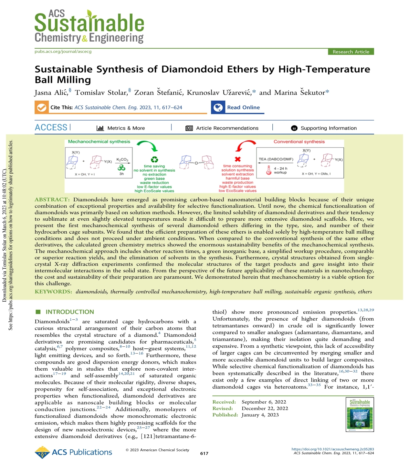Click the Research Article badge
coord(351,52)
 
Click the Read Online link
coord(243,107)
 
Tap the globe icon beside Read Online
coord(218,107)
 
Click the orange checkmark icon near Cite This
coord(42,107)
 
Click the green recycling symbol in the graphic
coord(154,159)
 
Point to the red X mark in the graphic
coord(237,159)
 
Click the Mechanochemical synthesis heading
coord(99,142)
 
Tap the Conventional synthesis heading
coord(299,142)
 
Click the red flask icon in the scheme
coord(268,170)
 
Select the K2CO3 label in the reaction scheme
coord(122,160)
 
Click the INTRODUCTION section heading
coord(69,312)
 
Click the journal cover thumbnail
coord(360,415)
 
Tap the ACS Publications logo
coord(73,452)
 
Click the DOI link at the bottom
coord(332,449)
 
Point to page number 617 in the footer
coord(204,453)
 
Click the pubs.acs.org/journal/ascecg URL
coord(63,52)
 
